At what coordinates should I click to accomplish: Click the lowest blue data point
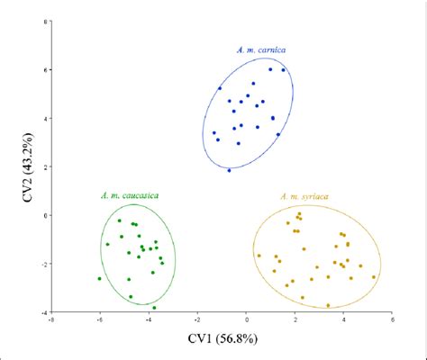point(229,170)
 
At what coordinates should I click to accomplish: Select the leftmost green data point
point(100,279)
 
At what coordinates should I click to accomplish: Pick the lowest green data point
point(154,308)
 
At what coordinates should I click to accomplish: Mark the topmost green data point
point(119,220)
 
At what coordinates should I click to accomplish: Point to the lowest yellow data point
point(328,305)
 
